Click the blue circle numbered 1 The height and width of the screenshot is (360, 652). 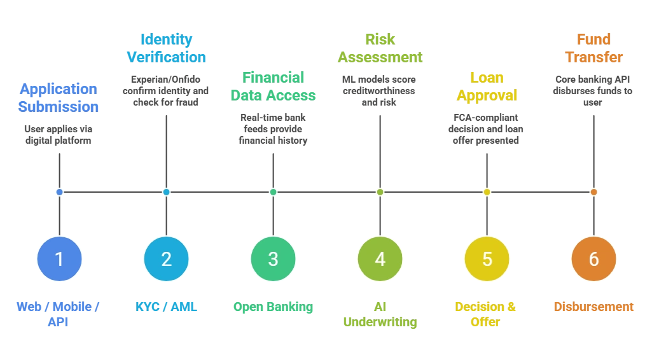pyautogui.click(x=59, y=259)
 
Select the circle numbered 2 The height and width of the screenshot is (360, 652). pyautogui.click(x=166, y=259)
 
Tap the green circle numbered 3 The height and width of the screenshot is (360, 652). pyautogui.click(x=273, y=259)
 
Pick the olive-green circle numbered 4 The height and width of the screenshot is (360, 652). pyautogui.click(x=380, y=259)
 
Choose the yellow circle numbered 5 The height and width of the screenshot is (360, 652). pyautogui.click(x=487, y=259)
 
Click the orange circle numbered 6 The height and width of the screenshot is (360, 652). pyautogui.click(x=593, y=259)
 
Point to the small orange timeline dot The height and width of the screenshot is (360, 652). pyautogui.click(x=593, y=191)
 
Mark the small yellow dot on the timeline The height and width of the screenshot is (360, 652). pyautogui.click(x=487, y=191)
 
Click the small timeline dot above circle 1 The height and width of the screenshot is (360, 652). pyautogui.click(x=59, y=191)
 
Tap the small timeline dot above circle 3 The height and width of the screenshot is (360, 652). pyautogui.click(x=273, y=191)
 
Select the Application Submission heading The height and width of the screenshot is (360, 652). pyautogui.click(x=59, y=96)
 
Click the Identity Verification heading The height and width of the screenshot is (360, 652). pyautogui.click(x=166, y=48)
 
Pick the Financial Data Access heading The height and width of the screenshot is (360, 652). pyautogui.click(x=273, y=87)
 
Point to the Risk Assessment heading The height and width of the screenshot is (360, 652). pyautogui.click(x=380, y=48)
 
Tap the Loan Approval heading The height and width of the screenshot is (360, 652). pyautogui.click(x=487, y=87)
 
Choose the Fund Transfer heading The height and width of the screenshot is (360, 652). pyautogui.click(x=593, y=48)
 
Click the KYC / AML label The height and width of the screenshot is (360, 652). pyautogui.click(x=166, y=307)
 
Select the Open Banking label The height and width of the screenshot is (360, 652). pyautogui.click(x=273, y=307)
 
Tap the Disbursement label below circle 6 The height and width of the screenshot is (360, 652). pyautogui.click(x=593, y=307)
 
